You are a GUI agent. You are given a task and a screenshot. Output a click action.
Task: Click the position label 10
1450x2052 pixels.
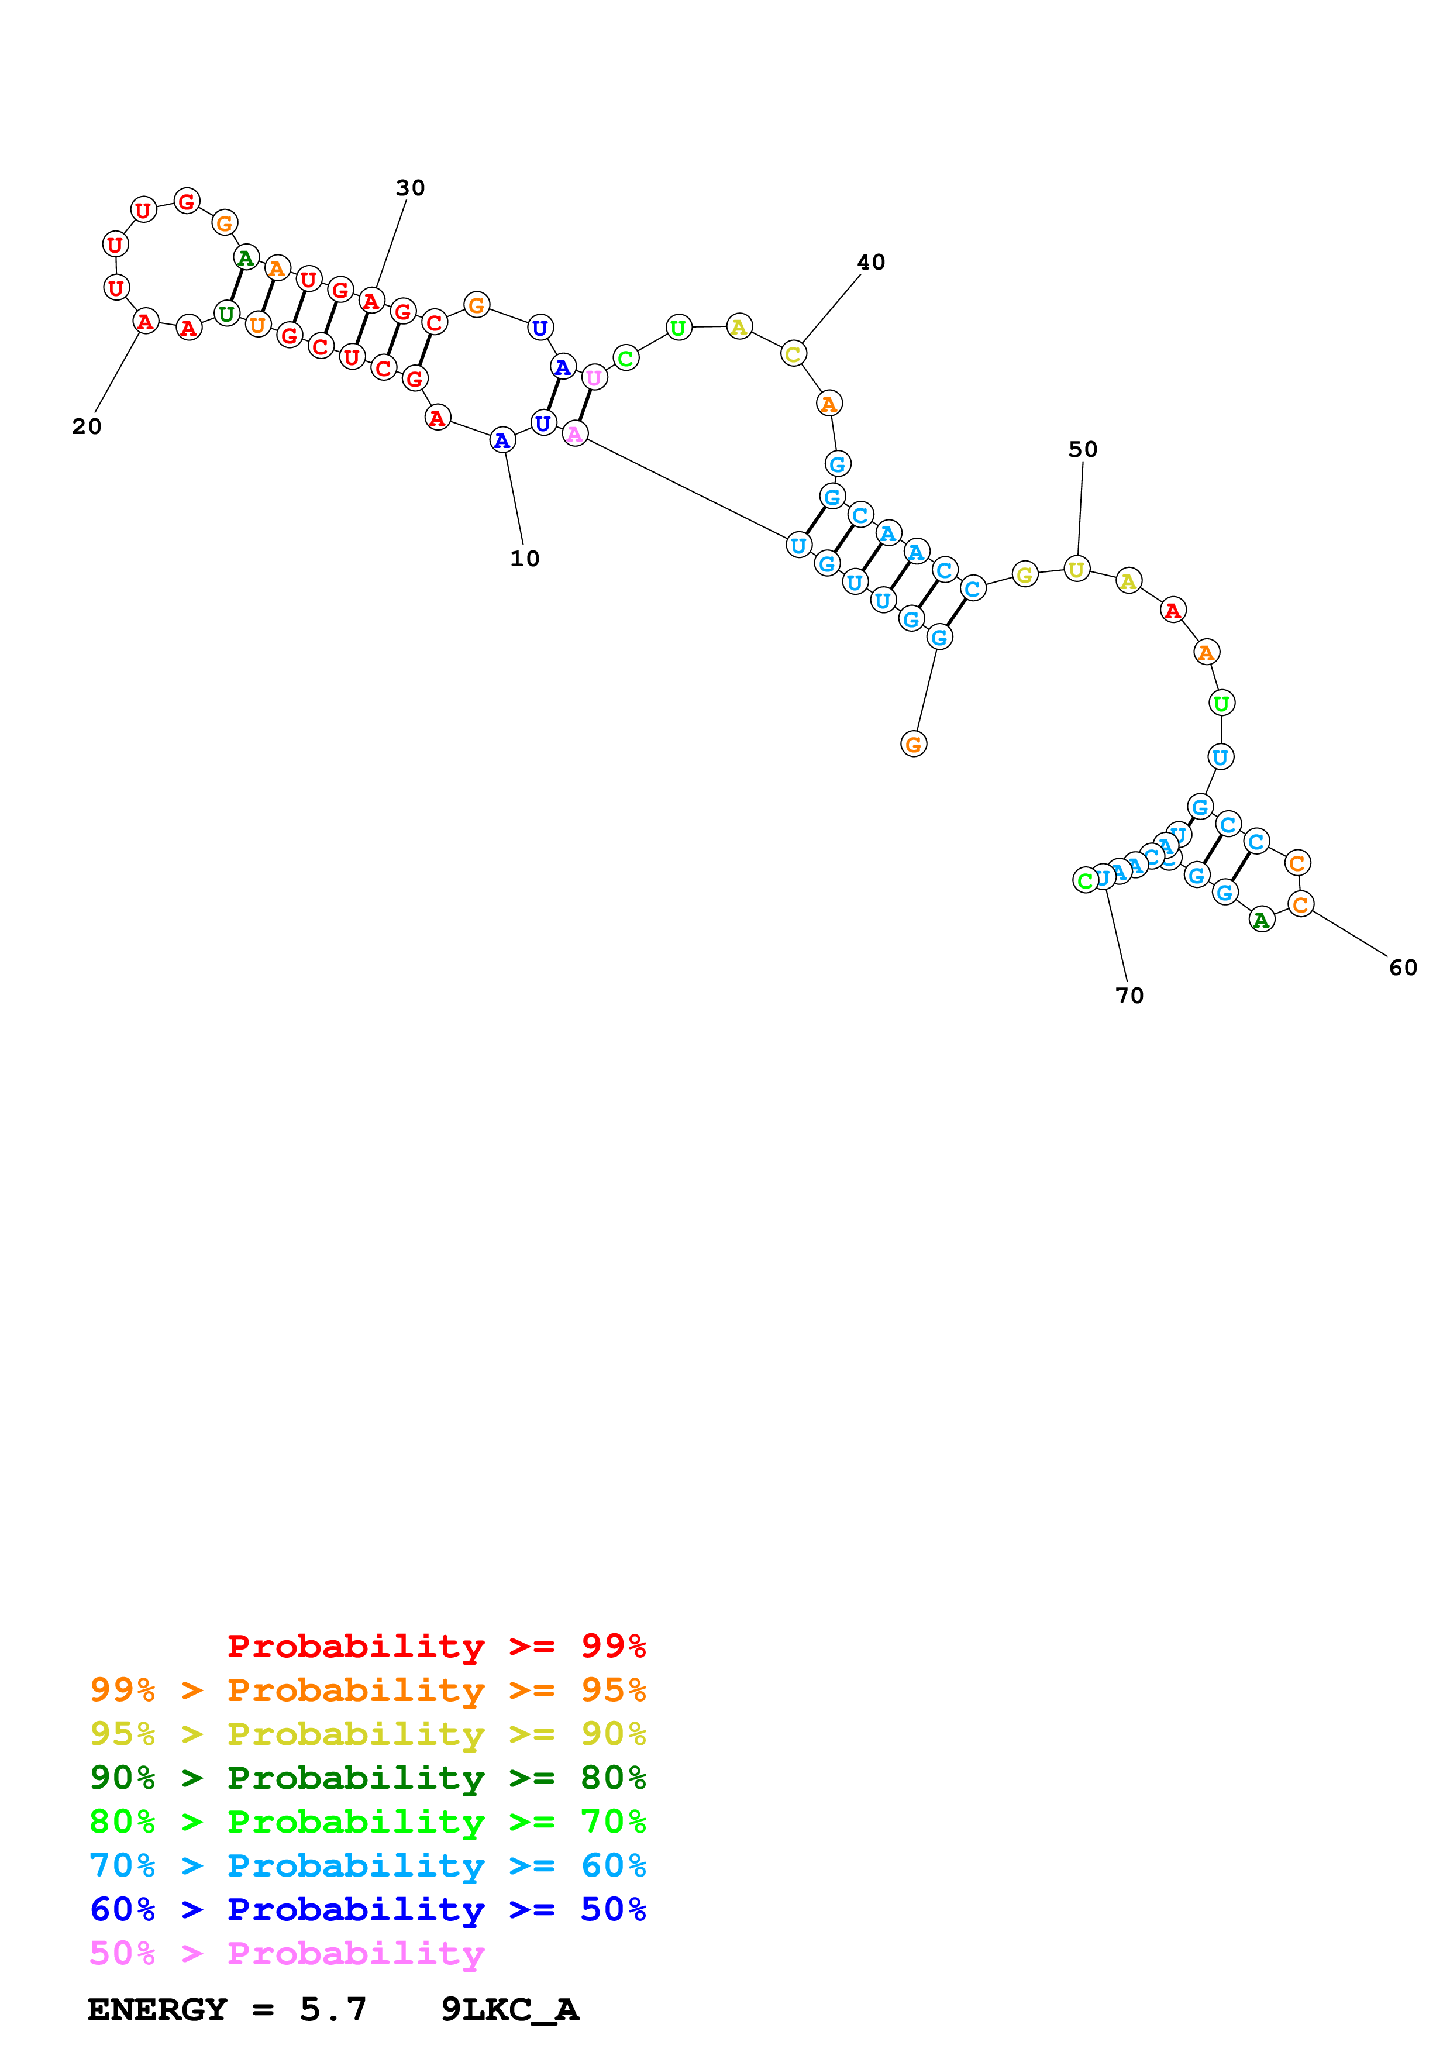point(525,559)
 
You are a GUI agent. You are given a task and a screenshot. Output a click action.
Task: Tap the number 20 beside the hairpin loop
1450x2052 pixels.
point(87,426)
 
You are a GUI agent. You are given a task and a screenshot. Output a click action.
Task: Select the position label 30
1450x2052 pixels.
point(410,188)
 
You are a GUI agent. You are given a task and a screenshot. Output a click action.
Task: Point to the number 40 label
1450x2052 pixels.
point(871,262)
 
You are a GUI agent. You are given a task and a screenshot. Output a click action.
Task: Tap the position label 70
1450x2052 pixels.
point(1129,995)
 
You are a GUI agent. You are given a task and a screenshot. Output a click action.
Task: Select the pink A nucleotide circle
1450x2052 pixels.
point(574,435)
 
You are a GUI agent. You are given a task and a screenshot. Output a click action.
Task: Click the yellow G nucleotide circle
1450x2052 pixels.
point(1025,574)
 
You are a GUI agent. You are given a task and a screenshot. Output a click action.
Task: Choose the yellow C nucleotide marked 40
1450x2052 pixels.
point(793,354)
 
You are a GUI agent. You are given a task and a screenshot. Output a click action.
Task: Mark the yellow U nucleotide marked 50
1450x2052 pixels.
point(1077,569)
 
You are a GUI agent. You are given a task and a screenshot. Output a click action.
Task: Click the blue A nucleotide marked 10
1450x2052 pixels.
point(502,440)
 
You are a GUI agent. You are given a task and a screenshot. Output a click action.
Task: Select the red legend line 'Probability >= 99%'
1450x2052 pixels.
point(436,1645)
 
